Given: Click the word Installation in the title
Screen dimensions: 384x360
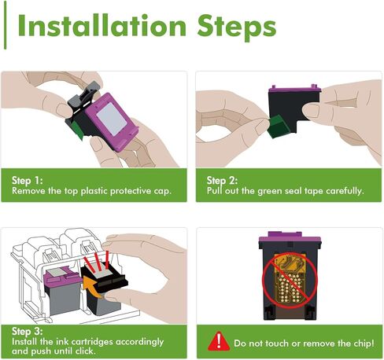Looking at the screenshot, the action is click(102, 25).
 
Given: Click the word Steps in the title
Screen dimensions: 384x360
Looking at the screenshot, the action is click(237, 28).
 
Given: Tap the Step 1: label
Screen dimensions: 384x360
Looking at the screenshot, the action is click(28, 181).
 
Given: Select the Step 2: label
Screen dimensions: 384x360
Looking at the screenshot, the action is click(222, 181).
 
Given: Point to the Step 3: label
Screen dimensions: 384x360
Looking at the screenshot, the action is click(28, 332).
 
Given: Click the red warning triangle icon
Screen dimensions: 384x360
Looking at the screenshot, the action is click(219, 341).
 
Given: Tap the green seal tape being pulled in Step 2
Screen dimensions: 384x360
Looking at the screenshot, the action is click(278, 127).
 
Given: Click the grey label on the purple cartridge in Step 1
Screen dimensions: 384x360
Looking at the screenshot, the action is click(112, 119).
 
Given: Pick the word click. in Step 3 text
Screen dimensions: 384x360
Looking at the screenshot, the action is click(86, 351).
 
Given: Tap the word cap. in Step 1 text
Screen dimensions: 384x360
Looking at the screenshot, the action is click(163, 192).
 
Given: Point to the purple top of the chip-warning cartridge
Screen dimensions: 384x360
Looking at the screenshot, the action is click(290, 237).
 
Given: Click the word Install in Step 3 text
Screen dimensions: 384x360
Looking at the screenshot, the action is click(24, 342).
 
